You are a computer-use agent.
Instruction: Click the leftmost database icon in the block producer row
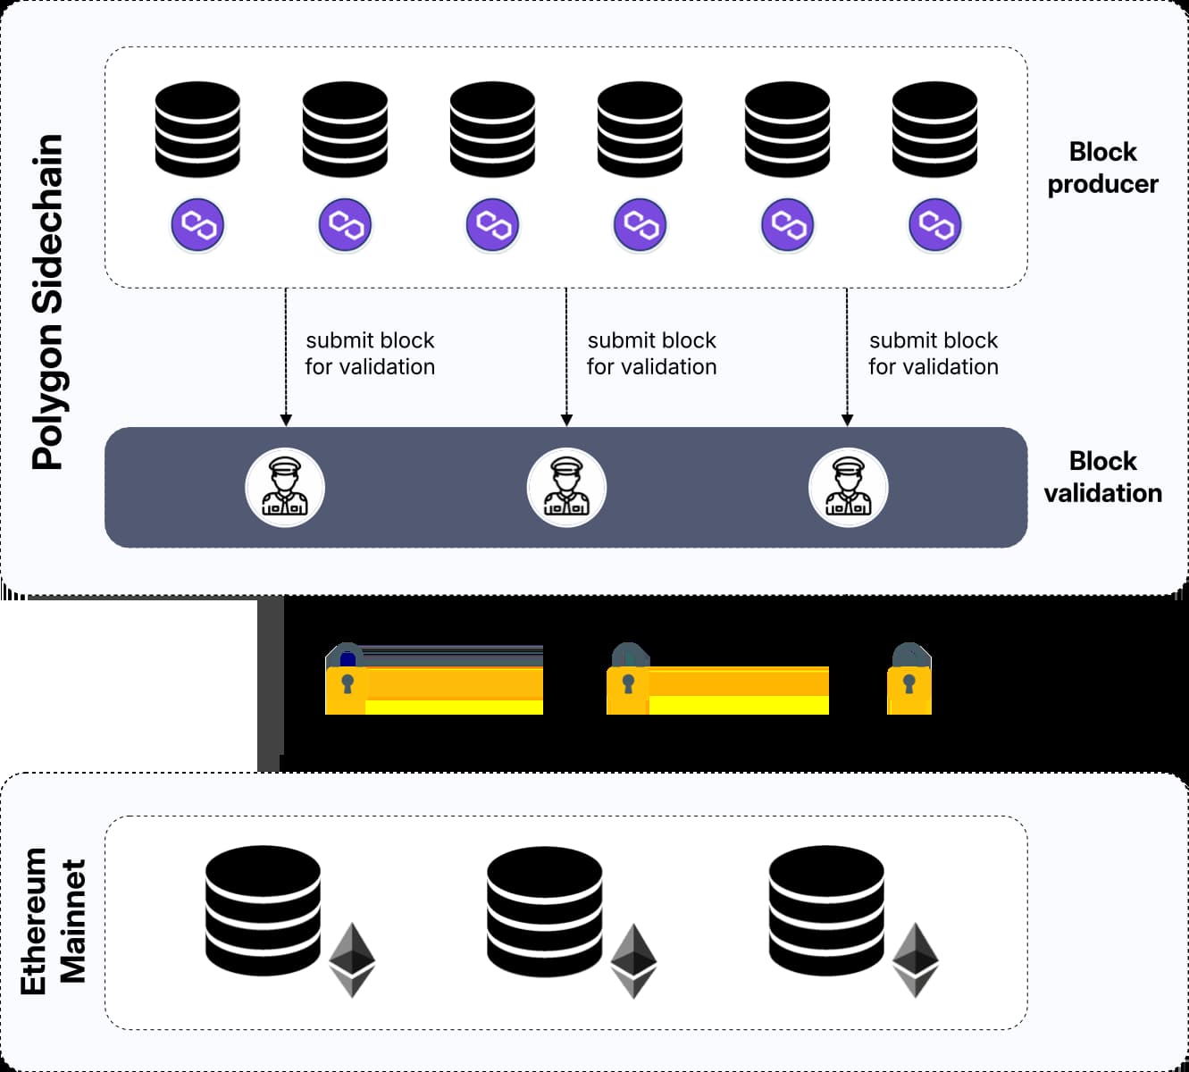(x=197, y=130)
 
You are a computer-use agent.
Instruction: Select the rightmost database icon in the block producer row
(x=934, y=130)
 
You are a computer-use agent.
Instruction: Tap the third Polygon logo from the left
(x=492, y=224)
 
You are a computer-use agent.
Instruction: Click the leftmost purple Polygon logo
(x=197, y=224)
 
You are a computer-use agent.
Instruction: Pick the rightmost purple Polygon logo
(x=934, y=224)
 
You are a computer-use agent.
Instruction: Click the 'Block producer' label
(x=1102, y=168)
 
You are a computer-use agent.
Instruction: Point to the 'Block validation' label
(x=1102, y=477)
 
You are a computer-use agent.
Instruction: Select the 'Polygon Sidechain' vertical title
(x=48, y=302)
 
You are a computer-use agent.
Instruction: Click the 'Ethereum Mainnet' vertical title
(x=54, y=921)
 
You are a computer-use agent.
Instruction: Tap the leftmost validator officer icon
(x=285, y=488)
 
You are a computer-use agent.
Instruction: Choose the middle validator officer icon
(x=566, y=488)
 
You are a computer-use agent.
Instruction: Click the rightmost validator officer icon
(x=848, y=488)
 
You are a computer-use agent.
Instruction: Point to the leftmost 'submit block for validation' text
(x=370, y=354)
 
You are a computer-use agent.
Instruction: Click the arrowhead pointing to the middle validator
(x=566, y=420)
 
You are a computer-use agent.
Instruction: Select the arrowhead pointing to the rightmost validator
(x=848, y=420)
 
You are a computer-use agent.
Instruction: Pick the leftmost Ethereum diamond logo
(x=352, y=960)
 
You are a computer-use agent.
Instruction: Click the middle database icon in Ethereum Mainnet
(x=545, y=911)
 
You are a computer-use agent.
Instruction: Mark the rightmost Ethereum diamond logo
(x=916, y=960)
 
